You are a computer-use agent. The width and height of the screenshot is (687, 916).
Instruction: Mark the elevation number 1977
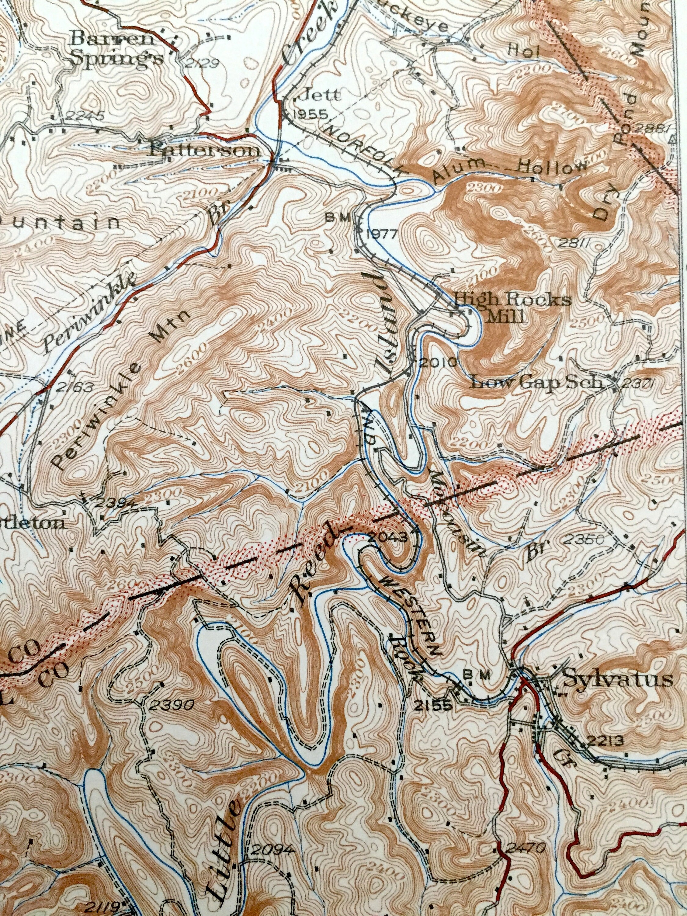click(382, 234)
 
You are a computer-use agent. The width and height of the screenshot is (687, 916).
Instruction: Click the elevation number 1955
click(309, 115)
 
